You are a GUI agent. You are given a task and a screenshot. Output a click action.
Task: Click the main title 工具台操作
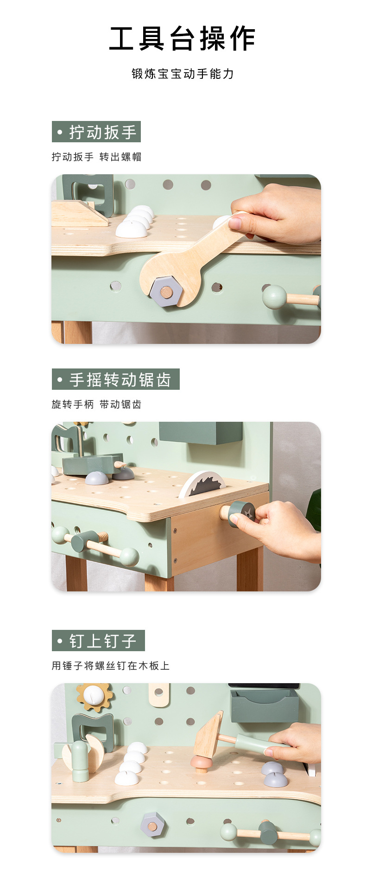coord(183,38)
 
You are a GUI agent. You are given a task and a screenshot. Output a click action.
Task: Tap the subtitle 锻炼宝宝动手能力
coord(183,74)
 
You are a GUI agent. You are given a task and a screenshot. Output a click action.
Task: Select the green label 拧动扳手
coord(96,132)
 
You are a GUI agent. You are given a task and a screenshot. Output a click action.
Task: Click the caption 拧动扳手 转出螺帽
coord(96,157)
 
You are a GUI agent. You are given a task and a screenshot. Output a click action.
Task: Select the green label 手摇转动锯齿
coord(116,380)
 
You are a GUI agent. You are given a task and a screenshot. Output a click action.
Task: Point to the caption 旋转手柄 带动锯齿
coord(96,405)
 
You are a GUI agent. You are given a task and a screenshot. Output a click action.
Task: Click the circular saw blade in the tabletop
coord(202,484)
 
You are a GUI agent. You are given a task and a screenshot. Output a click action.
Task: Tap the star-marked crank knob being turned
coord(242,514)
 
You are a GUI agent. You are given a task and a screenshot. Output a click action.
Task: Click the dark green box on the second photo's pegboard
coord(201,433)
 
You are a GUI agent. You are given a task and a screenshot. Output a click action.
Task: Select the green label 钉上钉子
coord(98,641)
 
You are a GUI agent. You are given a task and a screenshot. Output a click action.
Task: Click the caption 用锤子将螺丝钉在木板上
coord(111,666)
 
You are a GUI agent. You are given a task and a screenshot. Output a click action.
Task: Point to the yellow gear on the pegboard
coord(95,697)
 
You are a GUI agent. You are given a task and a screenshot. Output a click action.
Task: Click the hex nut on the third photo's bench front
coord(154,825)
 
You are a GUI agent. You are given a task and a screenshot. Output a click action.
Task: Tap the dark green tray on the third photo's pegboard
coord(265,705)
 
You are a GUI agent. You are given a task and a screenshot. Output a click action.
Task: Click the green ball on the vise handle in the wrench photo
coord(274,297)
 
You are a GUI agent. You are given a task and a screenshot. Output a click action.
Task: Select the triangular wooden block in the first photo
coord(79,214)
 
